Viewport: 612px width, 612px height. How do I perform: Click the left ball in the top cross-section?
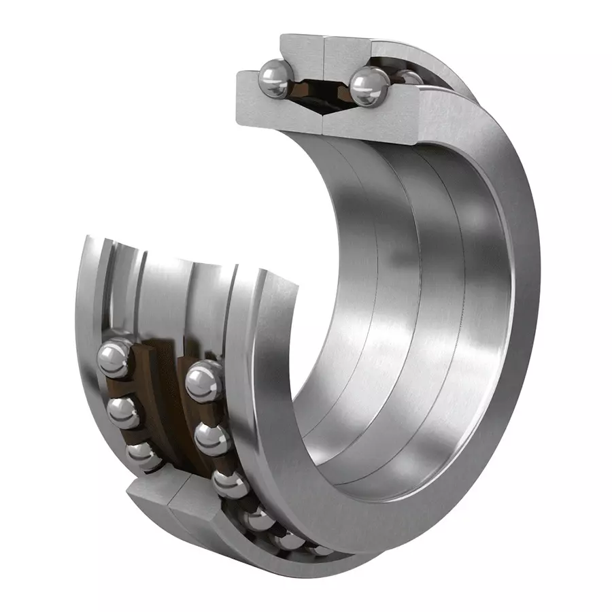click(275, 80)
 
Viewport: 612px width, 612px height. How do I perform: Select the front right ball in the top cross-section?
click(369, 86)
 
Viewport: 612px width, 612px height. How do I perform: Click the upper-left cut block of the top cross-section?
click(302, 54)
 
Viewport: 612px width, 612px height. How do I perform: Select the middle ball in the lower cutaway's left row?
click(122, 410)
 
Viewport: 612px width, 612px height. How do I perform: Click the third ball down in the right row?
click(229, 484)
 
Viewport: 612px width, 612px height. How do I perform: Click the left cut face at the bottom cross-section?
click(153, 500)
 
